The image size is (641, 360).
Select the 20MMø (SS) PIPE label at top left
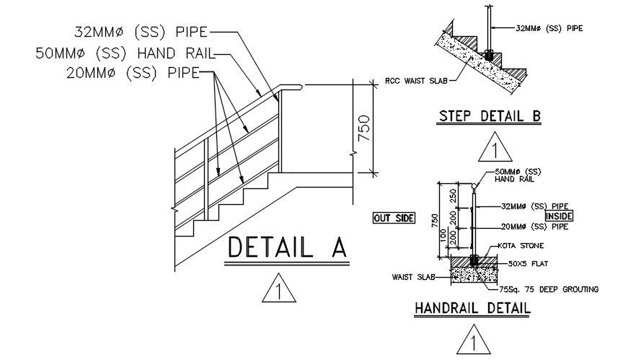tap(129, 72)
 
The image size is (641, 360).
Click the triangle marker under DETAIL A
tap(278, 292)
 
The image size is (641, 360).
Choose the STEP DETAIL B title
tap(490, 115)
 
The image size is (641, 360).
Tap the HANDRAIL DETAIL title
tap(472, 308)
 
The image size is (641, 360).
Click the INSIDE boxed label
tap(558, 216)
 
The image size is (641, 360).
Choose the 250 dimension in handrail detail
tap(452, 196)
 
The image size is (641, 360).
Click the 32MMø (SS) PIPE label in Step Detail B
tap(550, 28)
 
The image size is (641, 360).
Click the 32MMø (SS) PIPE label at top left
tap(141, 32)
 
